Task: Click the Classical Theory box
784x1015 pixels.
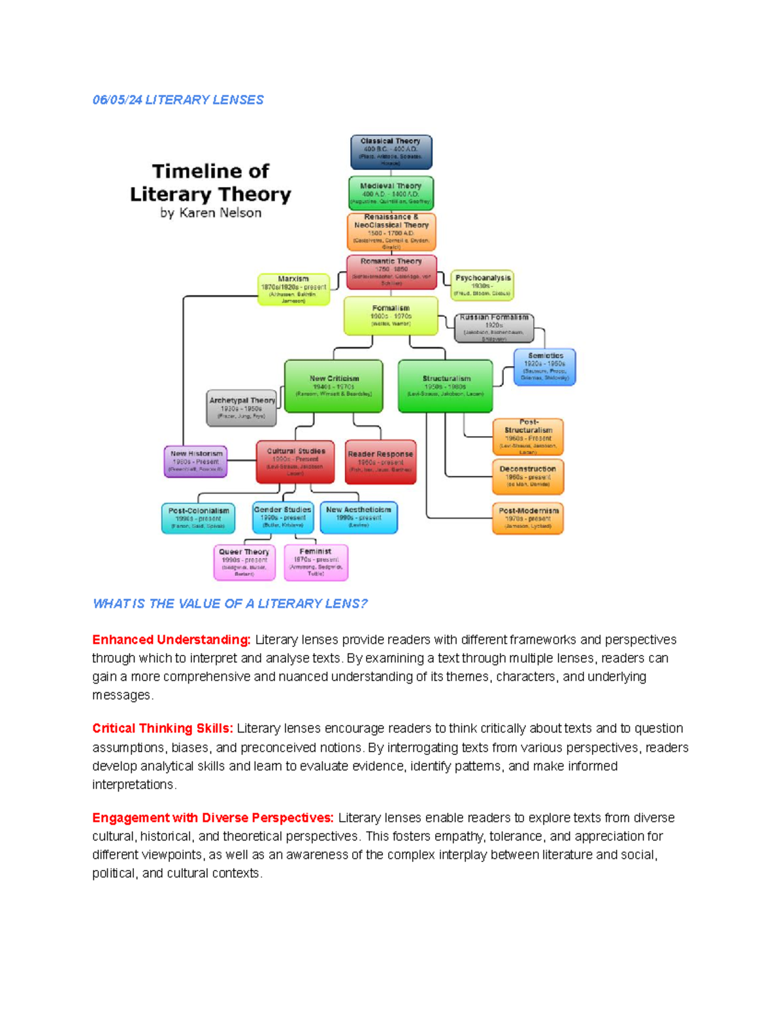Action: tap(391, 152)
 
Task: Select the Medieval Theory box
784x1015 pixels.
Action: tap(391, 193)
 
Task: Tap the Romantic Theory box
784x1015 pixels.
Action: tap(391, 271)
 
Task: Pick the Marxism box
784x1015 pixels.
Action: tap(293, 289)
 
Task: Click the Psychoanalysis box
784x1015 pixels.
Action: tap(482, 285)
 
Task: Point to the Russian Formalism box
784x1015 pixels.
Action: tap(494, 327)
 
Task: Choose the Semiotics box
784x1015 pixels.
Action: tap(545, 367)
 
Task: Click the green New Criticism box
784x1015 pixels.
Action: tap(334, 386)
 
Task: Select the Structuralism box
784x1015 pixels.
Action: tap(446, 386)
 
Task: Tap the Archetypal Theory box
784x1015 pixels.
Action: tap(242, 408)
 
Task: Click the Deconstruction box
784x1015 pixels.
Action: tap(527, 476)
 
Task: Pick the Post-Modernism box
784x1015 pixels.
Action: tap(528, 518)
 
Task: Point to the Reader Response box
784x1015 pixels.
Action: tap(380, 461)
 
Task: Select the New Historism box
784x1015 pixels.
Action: tap(196, 461)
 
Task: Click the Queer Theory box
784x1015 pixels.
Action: tap(244, 562)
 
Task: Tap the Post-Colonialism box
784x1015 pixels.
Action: tap(199, 518)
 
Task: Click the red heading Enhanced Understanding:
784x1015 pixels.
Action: tap(171, 640)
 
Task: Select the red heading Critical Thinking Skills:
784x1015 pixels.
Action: tap(163, 729)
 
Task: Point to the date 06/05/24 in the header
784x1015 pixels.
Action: tap(117, 100)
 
